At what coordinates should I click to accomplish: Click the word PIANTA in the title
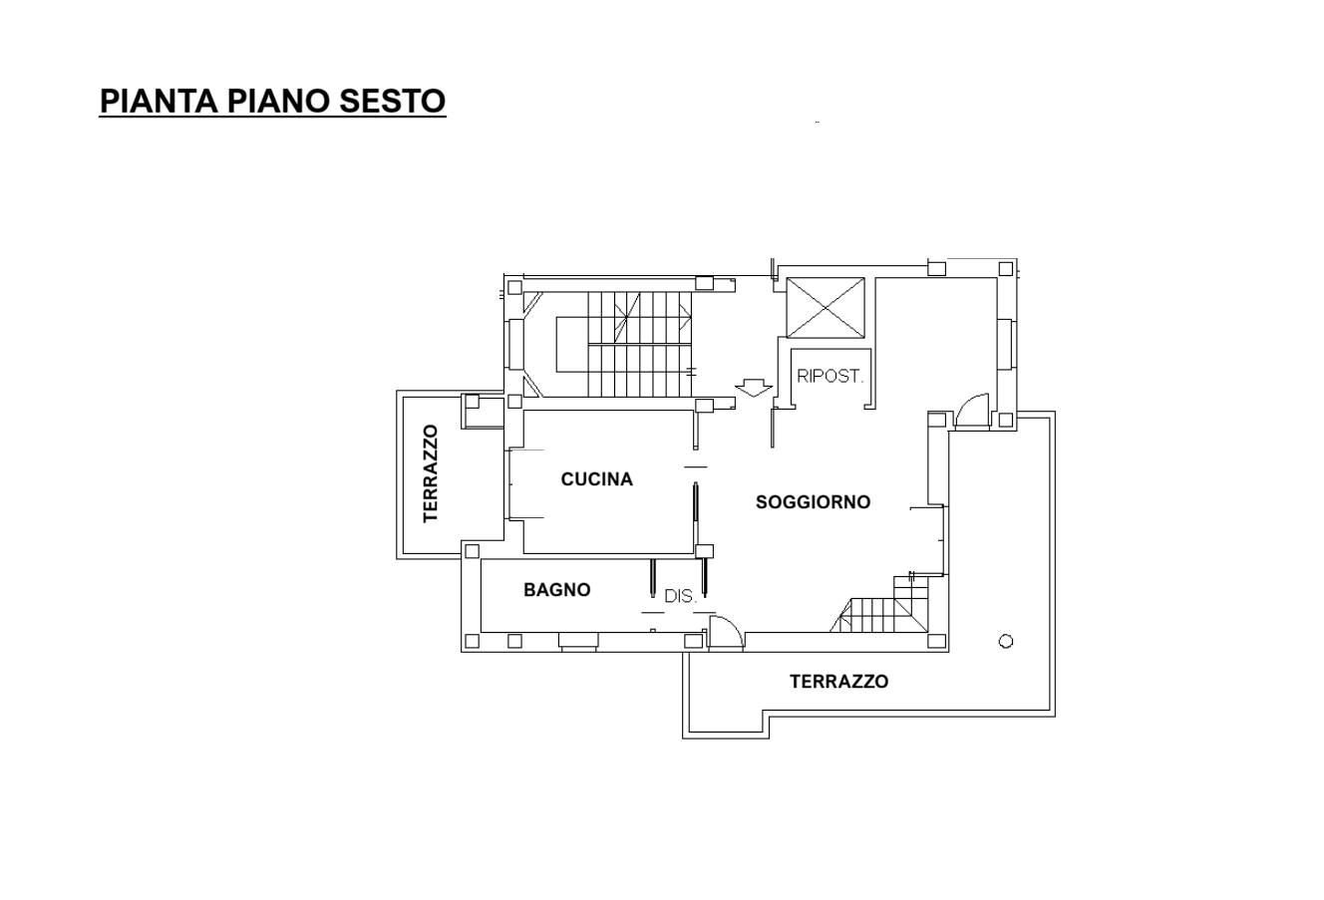159,101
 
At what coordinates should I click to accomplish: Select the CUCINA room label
597,479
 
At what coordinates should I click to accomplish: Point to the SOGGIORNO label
813,502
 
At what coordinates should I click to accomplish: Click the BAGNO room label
556,590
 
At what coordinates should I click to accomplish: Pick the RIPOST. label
829,376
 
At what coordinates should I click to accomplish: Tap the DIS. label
681,596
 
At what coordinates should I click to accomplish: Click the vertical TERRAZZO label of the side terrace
431,473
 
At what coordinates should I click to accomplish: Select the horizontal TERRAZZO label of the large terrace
838,682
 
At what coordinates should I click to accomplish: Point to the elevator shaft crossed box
826,308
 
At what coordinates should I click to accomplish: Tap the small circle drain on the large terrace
1006,641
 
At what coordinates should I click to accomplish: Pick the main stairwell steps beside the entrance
639,345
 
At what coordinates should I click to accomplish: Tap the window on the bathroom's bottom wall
579,642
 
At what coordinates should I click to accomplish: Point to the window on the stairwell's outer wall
516,345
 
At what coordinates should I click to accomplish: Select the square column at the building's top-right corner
1006,269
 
